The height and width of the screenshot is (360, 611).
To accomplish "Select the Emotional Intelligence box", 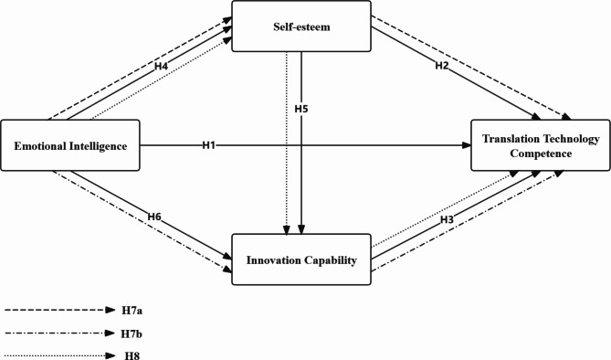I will (x=69, y=145).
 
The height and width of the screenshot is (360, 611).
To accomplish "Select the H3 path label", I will (x=448, y=220).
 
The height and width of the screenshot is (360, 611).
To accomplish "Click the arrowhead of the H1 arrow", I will (x=466, y=145).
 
